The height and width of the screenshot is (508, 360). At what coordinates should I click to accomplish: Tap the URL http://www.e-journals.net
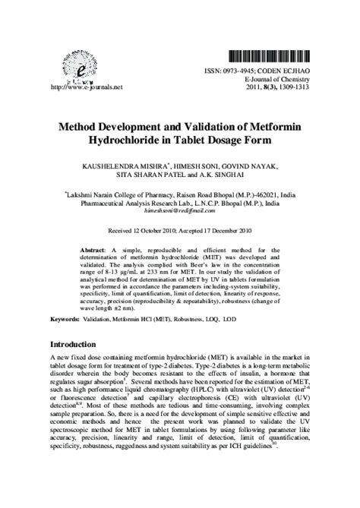pos(74,88)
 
